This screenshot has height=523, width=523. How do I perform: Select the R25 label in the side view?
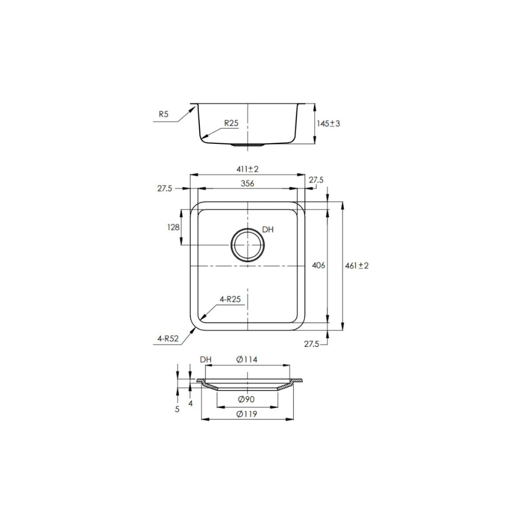pos(231,123)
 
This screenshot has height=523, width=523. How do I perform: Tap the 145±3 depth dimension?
pos(328,124)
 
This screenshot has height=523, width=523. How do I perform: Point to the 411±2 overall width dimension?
pos(247,169)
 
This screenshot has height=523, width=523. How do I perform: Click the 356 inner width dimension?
pos(247,183)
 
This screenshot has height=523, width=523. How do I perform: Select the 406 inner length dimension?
pos(319,266)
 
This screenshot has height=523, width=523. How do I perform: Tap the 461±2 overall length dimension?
pos(357,266)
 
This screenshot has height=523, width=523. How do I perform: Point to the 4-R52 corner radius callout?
pos(168,338)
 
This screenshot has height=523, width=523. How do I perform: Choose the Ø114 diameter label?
pos(247,360)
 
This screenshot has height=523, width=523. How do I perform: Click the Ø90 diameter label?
pos(246,400)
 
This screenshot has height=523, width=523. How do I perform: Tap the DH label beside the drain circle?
pos(268,230)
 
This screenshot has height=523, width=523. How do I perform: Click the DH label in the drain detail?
pos(206,360)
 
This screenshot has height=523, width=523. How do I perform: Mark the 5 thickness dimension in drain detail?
pos(177,409)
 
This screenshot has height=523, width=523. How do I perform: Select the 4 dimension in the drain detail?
pos(190,403)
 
